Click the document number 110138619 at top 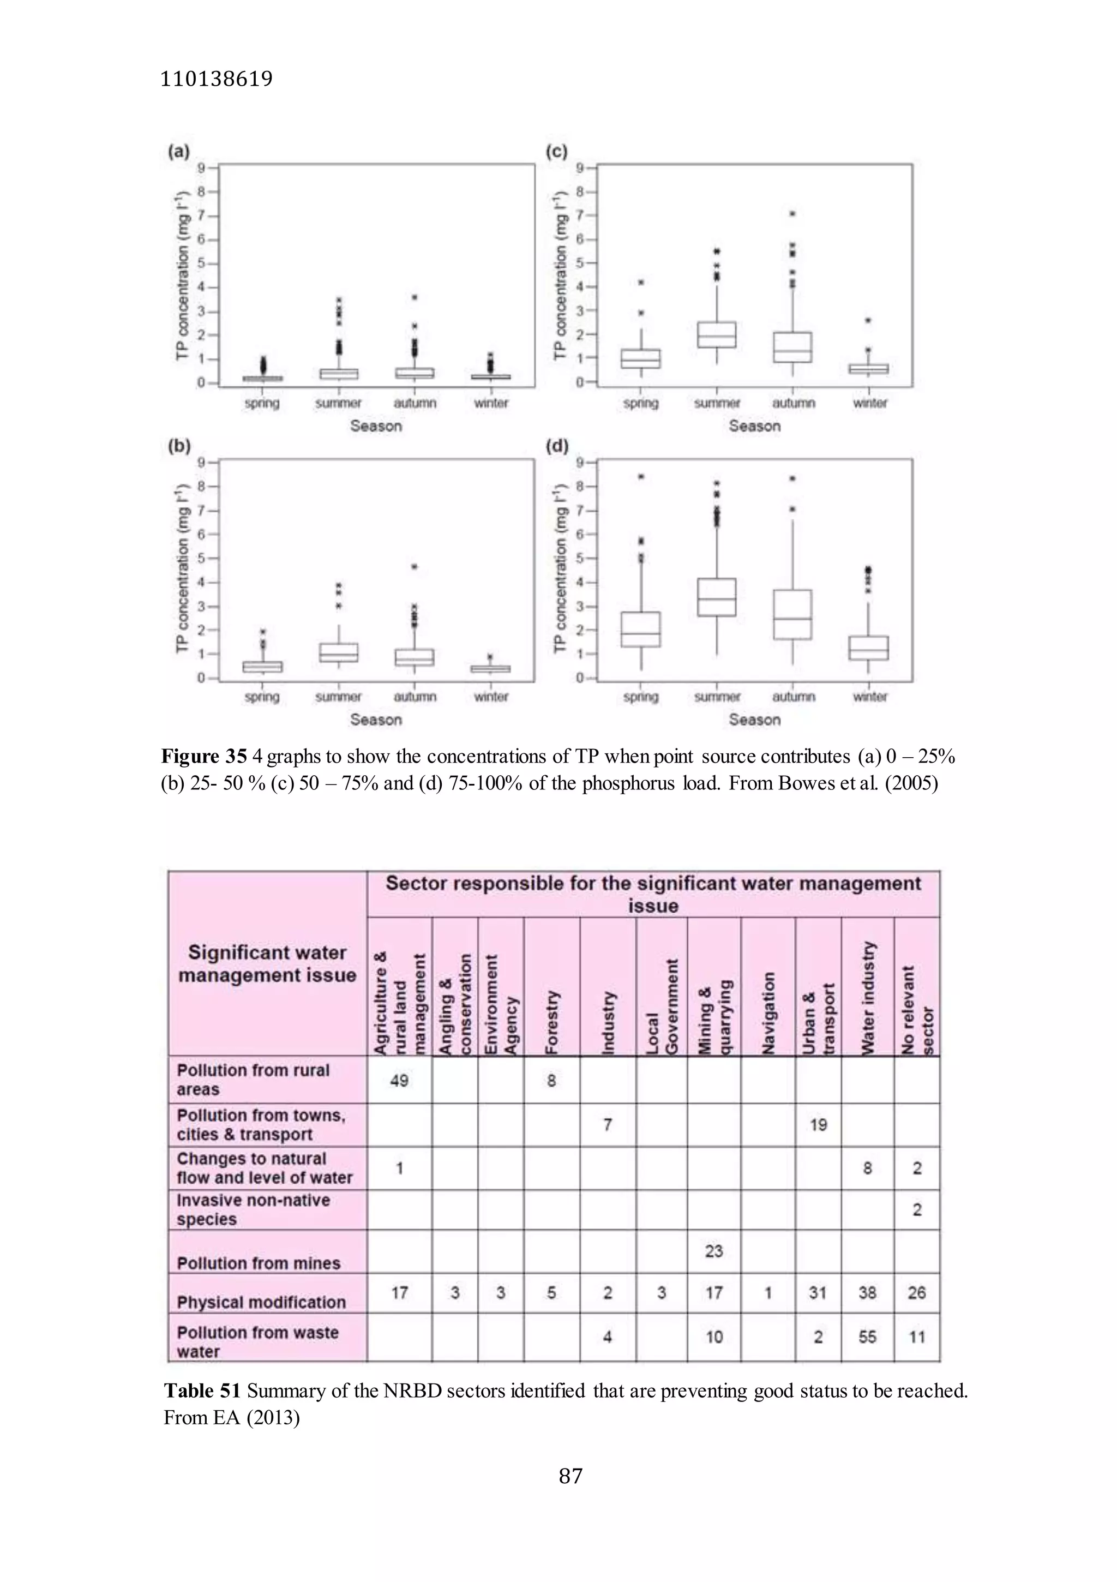pyautogui.click(x=215, y=79)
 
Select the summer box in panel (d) pyautogui.click(x=717, y=597)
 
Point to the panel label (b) pyautogui.click(x=178, y=446)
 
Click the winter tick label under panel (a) pyautogui.click(x=491, y=403)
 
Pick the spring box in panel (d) pyautogui.click(x=641, y=629)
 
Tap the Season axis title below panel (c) pyautogui.click(x=754, y=426)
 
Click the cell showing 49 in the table pyautogui.click(x=399, y=1080)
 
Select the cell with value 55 pyautogui.click(x=867, y=1337)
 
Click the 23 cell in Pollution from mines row pyautogui.click(x=713, y=1250)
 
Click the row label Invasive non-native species pyautogui.click(x=254, y=1209)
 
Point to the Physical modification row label pyautogui.click(x=261, y=1302)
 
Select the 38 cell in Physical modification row pyautogui.click(x=867, y=1293)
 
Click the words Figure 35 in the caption pyautogui.click(x=204, y=757)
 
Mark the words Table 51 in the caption pyautogui.click(x=202, y=1391)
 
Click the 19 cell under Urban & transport pyautogui.click(x=818, y=1124)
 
